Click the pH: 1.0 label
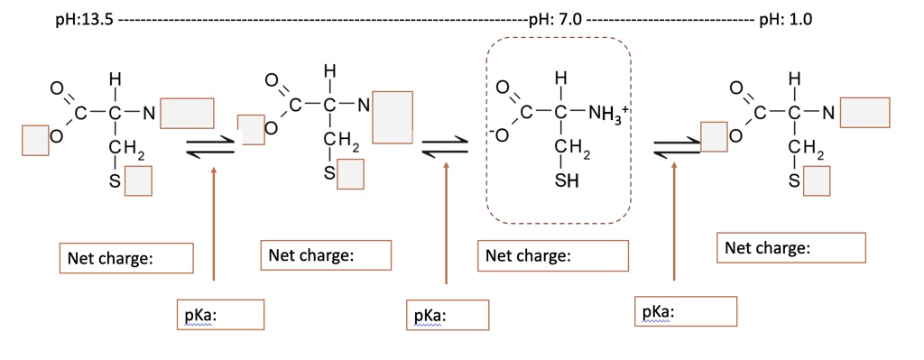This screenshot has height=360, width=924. click(x=786, y=20)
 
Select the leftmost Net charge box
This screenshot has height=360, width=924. click(x=126, y=258)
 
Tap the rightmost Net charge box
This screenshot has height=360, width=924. click(x=791, y=247)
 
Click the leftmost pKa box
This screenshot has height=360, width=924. click(x=221, y=316)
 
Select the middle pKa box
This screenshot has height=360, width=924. click(x=448, y=316)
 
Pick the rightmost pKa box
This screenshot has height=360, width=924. click(x=685, y=311)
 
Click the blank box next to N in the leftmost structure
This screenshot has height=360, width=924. click(x=188, y=114)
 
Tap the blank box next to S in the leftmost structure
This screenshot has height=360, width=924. click(x=138, y=183)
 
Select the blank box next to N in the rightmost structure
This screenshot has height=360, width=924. click(x=863, y=111)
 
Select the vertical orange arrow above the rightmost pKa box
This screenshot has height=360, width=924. click(x=673, y=226)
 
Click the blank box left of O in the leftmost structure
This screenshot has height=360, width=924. click(x=35, y=140)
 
